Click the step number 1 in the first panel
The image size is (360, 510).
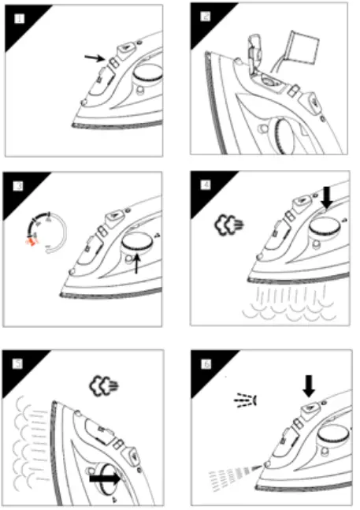point(17,17)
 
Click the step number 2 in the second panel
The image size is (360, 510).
point(205,17)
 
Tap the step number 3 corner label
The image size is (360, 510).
point(17,187)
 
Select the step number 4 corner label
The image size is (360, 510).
point(205,187)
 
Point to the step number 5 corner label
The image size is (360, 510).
point(17,363)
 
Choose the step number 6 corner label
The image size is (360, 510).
point(205,363)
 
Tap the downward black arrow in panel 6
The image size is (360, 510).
point(309,385)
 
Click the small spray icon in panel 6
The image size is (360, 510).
point(244,401)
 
